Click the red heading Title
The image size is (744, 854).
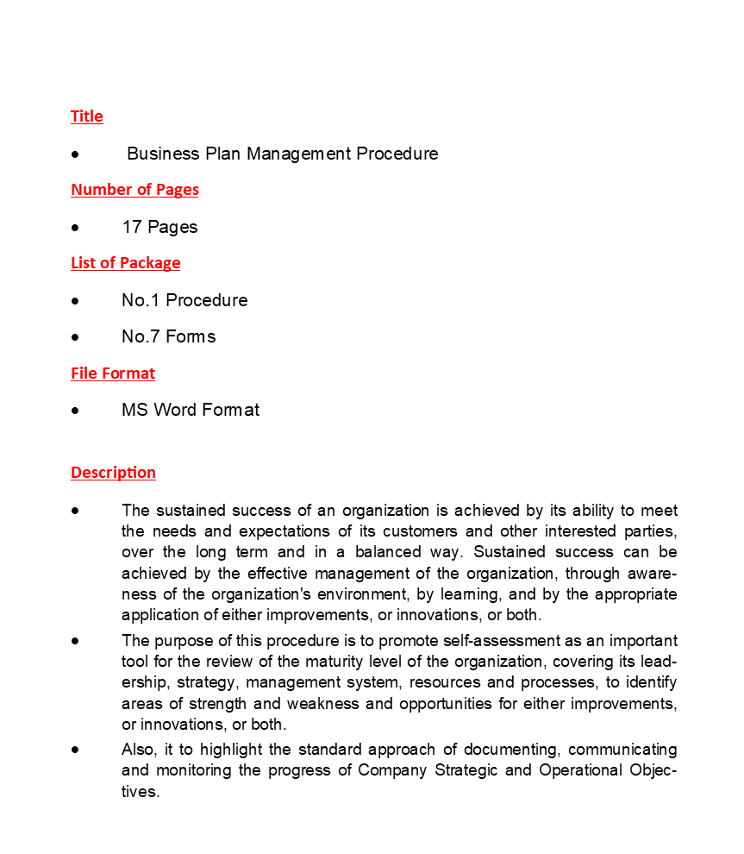(x=86, y=116)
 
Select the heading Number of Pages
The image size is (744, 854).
(x=134, y=190)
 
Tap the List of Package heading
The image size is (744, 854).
(x=126, y=263)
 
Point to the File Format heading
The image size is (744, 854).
(x=113, y=374)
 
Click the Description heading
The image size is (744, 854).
(x=113, y=473)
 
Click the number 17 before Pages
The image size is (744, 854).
(x=131, y=227)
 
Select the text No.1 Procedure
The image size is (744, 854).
(x=184, y=300)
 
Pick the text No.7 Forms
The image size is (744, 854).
(x=168, y=336)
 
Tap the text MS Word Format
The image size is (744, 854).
(x=191, y=410)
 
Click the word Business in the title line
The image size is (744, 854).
(x=163, y=154)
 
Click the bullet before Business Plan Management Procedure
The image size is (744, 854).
(x=76, y=154)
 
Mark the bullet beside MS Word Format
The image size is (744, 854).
(x=76, y=411)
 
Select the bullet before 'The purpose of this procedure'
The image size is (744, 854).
(x=76, y=641)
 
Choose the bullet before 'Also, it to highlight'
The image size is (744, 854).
(x=76, y=750)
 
